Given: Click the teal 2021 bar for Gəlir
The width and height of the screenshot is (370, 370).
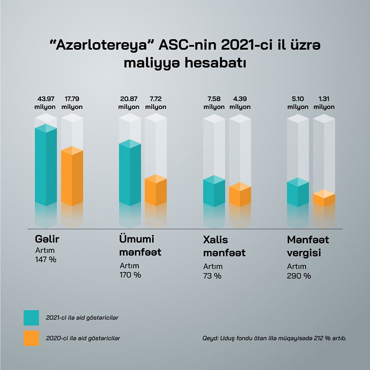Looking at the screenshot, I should pyautogui.click(x=46, y=167).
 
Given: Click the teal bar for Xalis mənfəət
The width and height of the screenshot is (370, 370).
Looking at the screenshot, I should pyautogui.click(x=214, y=192).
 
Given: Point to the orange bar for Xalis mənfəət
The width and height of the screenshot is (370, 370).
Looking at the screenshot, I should pyautogui.click(x=240, y=196).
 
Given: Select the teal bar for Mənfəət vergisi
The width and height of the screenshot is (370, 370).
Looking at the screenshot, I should pyautogui.click(x=298, y=194).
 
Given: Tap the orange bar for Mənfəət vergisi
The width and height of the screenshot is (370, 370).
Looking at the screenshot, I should pyautogui.click(x=324, y=199).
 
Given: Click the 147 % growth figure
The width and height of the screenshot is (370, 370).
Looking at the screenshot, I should pyautogui.click(x=45, y=259).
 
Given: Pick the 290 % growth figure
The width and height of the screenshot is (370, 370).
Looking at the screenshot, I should pyautogui.click(x=299, y=276).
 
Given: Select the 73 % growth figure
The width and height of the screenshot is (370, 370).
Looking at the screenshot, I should pyautogui.click(x=212, y=276).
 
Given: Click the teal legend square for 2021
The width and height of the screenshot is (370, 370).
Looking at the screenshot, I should pyautogui.click(x=31, y=318).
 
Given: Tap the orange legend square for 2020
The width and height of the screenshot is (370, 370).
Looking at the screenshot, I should pyautogui.click(x=31, y=338).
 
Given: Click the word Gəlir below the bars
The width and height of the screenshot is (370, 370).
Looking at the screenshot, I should pyautogui.click(x=48, y=240).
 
